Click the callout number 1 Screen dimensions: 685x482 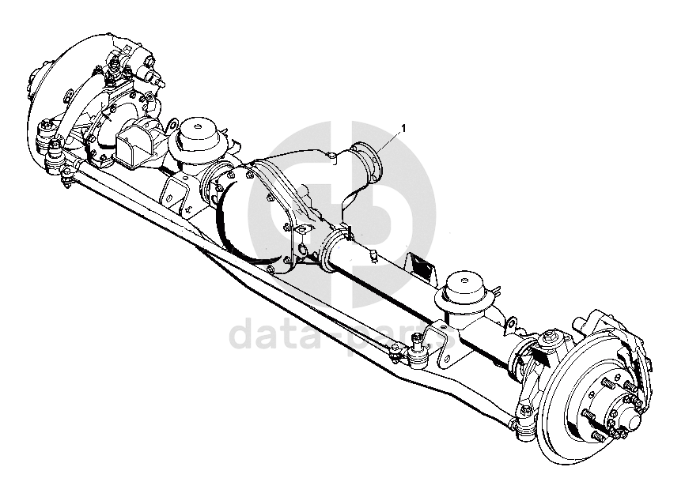[403, 128]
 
